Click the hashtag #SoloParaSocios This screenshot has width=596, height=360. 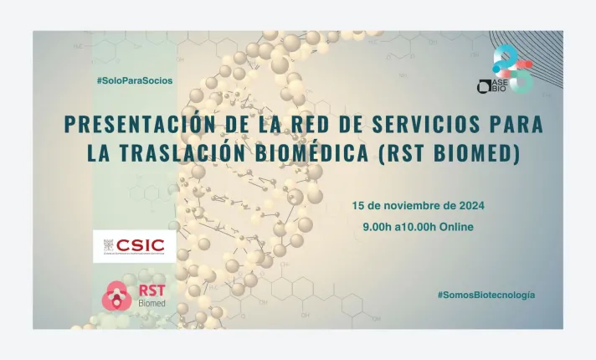[x=134, y=80]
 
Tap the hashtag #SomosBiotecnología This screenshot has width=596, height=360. [x=486, y=296]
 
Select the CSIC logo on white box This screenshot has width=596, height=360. [x=134, y=246]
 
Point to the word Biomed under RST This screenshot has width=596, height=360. [x=152, y=303]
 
